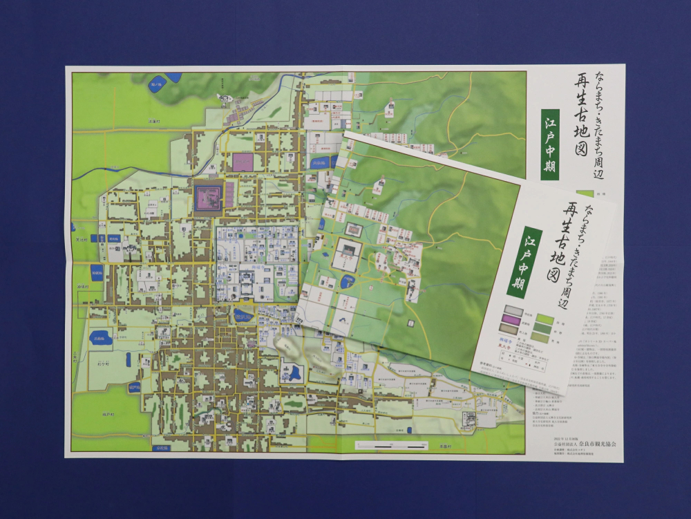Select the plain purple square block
[243, 162]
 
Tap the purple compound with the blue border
[208, 197]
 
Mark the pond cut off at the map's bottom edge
[164, 449]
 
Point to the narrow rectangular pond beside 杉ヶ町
[129, 360]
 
